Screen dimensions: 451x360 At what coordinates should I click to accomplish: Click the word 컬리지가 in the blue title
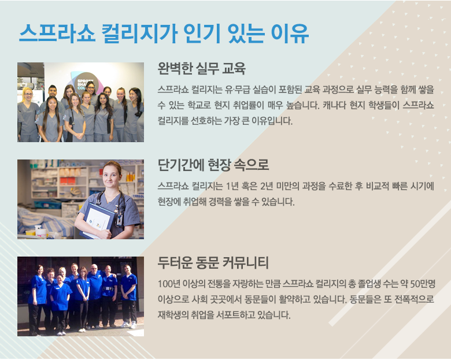tap(139, 33)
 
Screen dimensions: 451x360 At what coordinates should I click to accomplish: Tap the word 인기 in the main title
tap(202, 33)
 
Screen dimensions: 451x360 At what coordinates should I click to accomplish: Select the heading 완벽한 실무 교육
tap(201, 68)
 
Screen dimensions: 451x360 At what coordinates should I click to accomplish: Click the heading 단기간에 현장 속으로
tap(213, 165)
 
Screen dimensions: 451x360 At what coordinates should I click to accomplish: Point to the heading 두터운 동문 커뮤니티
tap(213, 262)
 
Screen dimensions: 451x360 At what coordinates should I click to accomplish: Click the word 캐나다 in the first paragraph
tap(334, 105)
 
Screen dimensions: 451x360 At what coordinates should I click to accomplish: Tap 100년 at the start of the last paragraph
tap(169, 284)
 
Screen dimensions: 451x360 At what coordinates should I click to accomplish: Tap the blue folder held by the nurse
tap(96, 221)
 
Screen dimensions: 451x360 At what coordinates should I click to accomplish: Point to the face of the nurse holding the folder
tap(112, 176)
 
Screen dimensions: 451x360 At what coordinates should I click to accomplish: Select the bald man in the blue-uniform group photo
tap(95, 295)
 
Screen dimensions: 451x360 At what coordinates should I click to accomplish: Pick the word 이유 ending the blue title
tap(290, 33)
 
